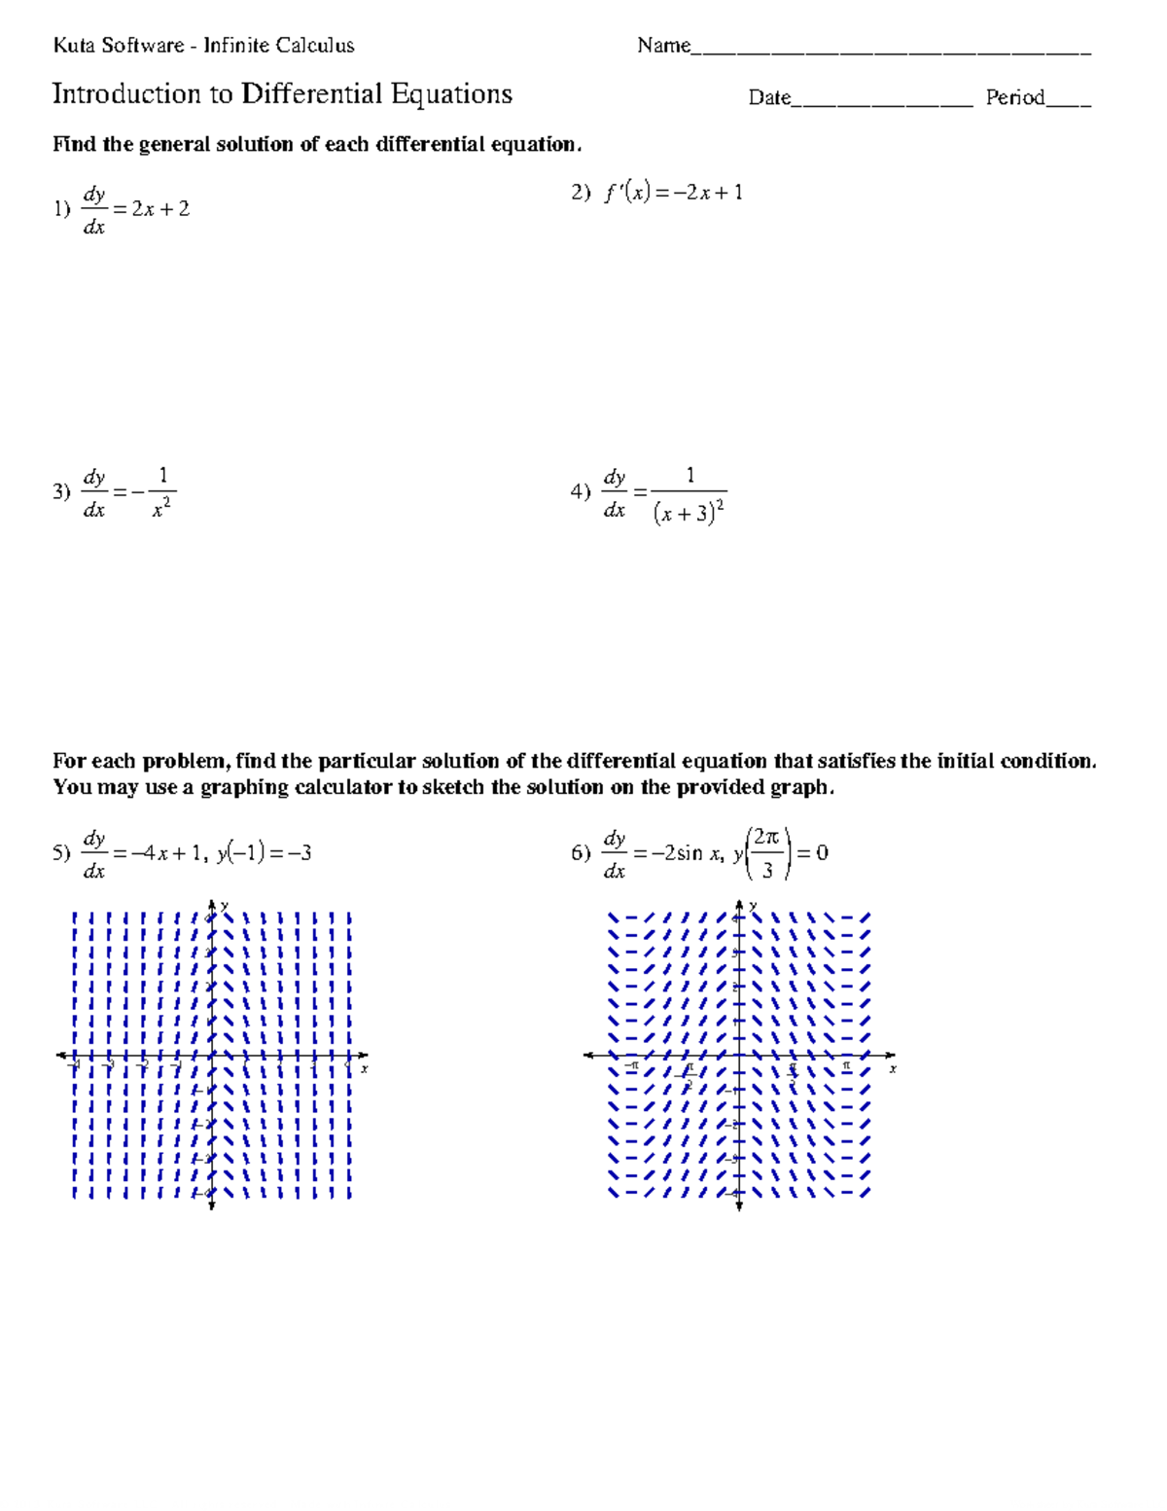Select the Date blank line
[881, 102]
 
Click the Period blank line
[1068, 102]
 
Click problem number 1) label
[62, 208]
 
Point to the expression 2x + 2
[160, 208]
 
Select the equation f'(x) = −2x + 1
[673, 193]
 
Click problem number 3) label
[62, 491]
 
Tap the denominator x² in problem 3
[162, 509]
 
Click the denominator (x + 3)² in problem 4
[690, 512]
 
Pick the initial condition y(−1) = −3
[264, 853]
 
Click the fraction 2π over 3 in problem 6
[766, 853]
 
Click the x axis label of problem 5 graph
[365, 1069]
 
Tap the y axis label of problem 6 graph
[752, 906]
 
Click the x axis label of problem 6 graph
[892, 1069]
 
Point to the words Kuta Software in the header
[119, 45]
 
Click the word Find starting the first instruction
[74, 145]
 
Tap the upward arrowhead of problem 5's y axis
[211, 905]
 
